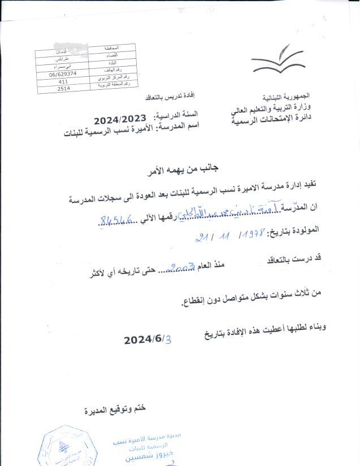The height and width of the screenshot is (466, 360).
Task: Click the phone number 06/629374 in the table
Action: pos(63,74)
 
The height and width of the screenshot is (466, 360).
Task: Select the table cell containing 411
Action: pos(63,81)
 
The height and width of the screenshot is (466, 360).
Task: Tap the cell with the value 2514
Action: pos(63,89)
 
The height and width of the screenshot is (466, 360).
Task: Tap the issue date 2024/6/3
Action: pos(147,339)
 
